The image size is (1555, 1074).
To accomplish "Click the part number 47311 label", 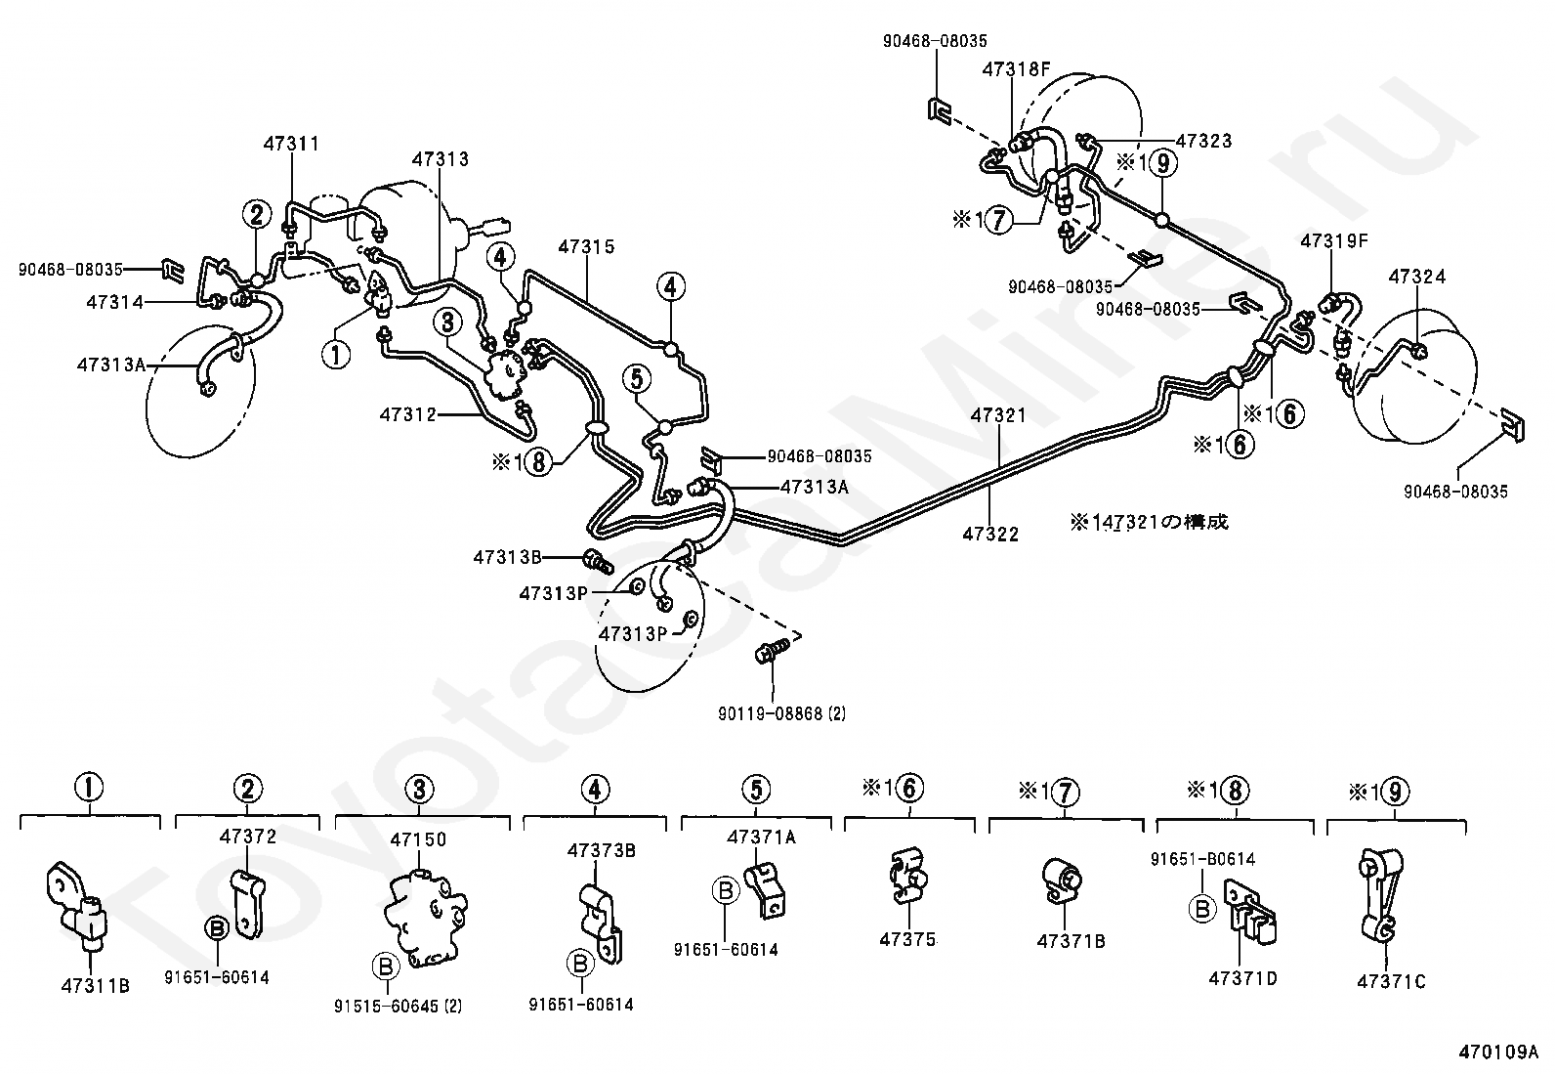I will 290,145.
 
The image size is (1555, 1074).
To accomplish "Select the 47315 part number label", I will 587,246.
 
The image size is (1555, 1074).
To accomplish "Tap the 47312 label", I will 407,415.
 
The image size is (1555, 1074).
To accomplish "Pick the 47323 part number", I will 1203,141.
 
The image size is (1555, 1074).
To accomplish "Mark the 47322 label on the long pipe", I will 990,534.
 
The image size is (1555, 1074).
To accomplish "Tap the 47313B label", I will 507,558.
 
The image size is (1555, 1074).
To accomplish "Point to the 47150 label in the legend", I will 418,839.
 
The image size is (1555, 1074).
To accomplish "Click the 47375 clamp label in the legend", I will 907,940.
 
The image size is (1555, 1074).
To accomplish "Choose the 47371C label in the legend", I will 1391,982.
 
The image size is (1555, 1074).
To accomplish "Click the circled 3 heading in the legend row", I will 418,789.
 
